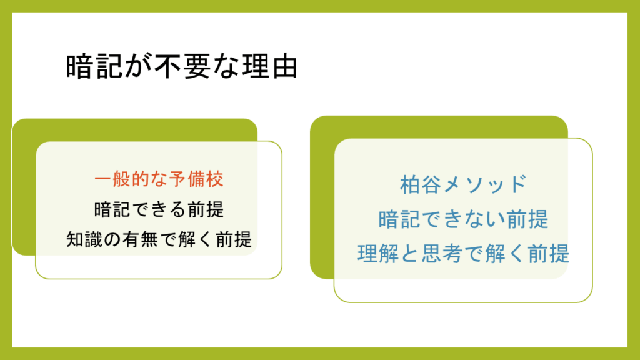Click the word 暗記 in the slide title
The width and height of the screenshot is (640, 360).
click(94, 66)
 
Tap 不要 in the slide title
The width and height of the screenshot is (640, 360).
click(182, 66)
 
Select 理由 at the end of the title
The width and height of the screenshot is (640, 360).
click(270, 66)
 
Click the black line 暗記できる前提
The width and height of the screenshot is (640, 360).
click(159, 209)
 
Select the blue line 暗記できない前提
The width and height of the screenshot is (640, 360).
click(463, 219)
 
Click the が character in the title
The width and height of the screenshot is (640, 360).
click(138, 66)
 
